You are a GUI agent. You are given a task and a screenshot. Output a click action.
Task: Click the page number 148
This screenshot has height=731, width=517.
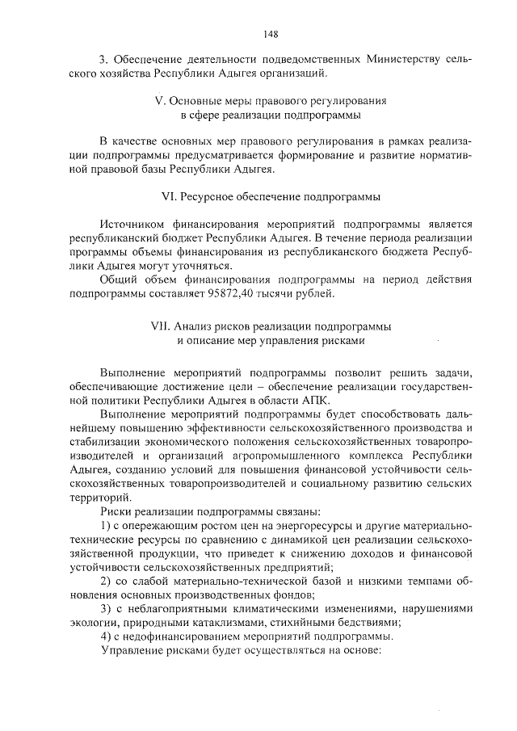pyautogui.click(x=271, y=34)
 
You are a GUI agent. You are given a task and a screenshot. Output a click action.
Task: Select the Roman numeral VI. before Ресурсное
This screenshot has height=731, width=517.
pyautogui.click(x=170, y=196)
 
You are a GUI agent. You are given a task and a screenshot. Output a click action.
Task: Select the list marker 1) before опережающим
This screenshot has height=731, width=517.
pyautogui.click(x=105, y=526)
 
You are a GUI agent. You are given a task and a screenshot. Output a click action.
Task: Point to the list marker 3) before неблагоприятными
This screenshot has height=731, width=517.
pyautogui.click(x=105, y=607)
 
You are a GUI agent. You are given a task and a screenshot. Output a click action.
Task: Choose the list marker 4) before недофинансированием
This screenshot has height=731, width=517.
pyautogui.click(x=105, y=635)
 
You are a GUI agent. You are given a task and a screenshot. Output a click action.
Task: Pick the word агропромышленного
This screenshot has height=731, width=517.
pyautogui.click(x=263, y=456)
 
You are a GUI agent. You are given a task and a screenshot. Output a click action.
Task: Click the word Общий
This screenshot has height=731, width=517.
pyautogui.click(x=118, y=279)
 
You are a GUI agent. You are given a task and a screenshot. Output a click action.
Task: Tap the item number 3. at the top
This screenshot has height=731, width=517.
pyautogui.click(x=103, y=61)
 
